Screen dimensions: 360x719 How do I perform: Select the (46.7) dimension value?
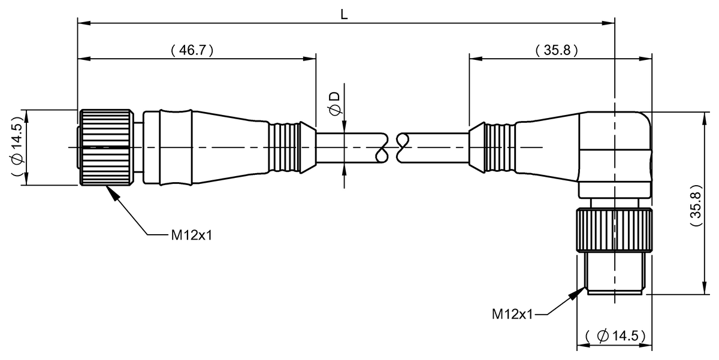(x=192, y=50)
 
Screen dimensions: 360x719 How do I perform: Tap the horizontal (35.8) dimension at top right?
(x=557, y=50)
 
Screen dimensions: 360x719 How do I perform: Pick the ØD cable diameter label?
(x=335, y=102)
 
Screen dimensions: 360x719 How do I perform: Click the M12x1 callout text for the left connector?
(x=192, y=235)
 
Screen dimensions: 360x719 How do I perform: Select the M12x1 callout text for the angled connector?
(x=512, y=313)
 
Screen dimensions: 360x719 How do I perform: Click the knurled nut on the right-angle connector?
(x=614, y=231)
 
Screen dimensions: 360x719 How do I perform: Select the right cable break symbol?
(x=401, y=147)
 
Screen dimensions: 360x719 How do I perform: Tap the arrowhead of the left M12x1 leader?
(x=109, y=189)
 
